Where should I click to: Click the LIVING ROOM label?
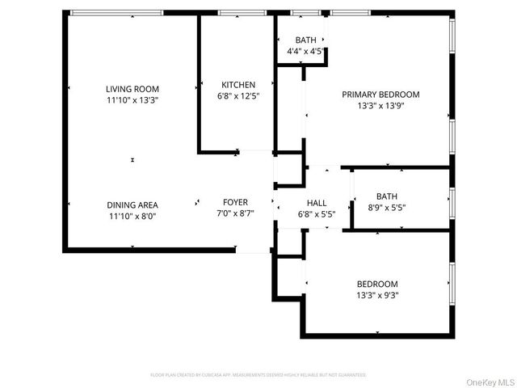[132, 89]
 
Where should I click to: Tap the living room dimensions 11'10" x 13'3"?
[132, 100]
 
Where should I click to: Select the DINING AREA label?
[132, 205]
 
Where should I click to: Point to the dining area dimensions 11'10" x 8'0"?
[132, 216]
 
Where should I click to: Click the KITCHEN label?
[238, 85]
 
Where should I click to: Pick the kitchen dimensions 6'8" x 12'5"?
[238, 96]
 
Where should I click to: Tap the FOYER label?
[236, 202]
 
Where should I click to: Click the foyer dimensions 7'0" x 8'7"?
[236, 213]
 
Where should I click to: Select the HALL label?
[316, 202]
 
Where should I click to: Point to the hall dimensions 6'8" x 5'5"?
[316, 213]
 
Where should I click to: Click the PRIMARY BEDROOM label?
[380, 95]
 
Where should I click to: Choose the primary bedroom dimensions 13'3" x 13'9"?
[380, 106]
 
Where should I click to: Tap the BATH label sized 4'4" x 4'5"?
[305, 40]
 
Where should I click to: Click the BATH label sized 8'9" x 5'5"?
[387, 196]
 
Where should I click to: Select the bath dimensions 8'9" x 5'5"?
[387, 207]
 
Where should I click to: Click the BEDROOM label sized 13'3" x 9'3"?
[377, 284]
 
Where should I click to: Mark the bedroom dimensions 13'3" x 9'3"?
[377, 295]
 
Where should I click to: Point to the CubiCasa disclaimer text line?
[258, 375]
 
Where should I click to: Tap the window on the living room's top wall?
[116, 13]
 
